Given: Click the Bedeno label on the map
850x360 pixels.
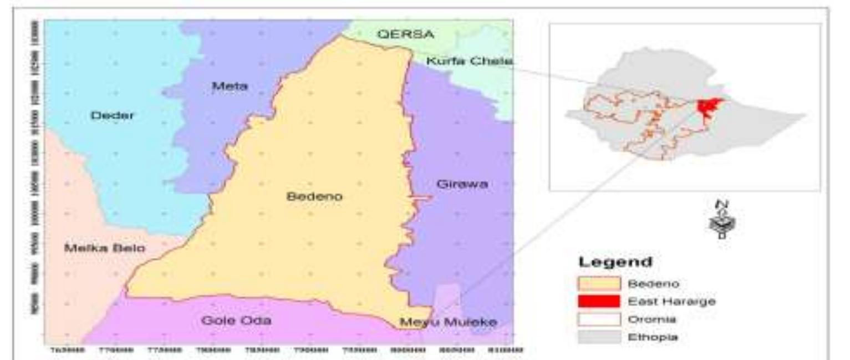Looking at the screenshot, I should coord(314,196).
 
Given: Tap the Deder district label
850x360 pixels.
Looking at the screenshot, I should coord(112,115).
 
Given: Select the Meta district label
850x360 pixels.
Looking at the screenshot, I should coord(230,86).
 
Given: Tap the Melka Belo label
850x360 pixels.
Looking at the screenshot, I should coord(105,248).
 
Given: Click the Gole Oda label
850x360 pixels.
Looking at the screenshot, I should coord(236,321).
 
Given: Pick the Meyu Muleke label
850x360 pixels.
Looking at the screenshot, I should coord(449,322).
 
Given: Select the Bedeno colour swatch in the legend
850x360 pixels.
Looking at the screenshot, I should coord(598,283).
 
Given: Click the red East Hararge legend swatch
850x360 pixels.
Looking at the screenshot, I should coord(598,301).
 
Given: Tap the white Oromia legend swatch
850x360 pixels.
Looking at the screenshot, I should coord(598,319).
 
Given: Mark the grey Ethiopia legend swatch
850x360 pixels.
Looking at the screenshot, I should coord(598,337).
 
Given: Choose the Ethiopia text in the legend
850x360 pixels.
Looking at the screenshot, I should coord(647,337).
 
